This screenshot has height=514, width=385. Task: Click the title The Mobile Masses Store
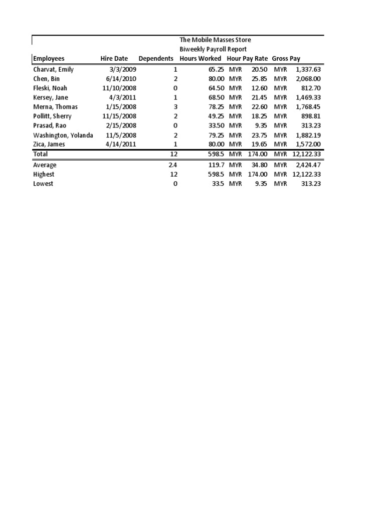[x=216, y=40]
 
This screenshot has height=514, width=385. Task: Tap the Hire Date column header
[x=114, y=59]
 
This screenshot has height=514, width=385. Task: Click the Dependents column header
[x=156, y=59]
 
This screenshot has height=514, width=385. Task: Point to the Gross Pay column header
[x=286, y=59]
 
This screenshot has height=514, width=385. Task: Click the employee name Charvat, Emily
[x=53, y=69]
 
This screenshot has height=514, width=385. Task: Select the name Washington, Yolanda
[x=63, y=135]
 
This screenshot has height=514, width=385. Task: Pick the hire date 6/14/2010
[x=121, y=79]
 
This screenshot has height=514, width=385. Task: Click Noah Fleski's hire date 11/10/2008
[x=119, y=88]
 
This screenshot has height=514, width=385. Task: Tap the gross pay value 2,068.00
[x=308, y=79]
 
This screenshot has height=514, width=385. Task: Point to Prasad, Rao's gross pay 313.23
[x=311, y=126]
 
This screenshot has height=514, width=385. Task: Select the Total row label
[x=40, y=154]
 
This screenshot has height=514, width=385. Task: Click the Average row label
[x=45, y=165]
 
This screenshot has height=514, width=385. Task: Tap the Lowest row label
[x=43, y=184]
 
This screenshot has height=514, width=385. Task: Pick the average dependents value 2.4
[x=173, y=165]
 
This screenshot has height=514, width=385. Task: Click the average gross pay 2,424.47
[x=308, y=165]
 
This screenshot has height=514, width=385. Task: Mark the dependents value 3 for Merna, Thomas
[x=175, y=107]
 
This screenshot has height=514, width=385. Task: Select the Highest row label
[x=44, y=174]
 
